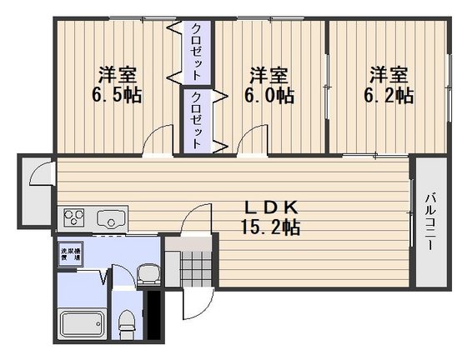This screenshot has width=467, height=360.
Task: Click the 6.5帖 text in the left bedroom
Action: [116, 95]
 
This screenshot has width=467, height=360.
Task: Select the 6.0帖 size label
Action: [269, 95]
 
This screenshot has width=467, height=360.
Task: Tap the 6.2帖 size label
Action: [389, 95]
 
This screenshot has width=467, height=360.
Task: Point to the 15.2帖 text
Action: [272, 226]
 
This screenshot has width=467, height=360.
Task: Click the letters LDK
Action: [272, 207]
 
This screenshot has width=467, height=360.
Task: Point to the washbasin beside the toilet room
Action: [148, 272]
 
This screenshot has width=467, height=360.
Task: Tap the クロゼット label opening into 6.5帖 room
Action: [196, 52]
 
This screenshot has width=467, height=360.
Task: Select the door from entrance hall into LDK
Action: [193, 222]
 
